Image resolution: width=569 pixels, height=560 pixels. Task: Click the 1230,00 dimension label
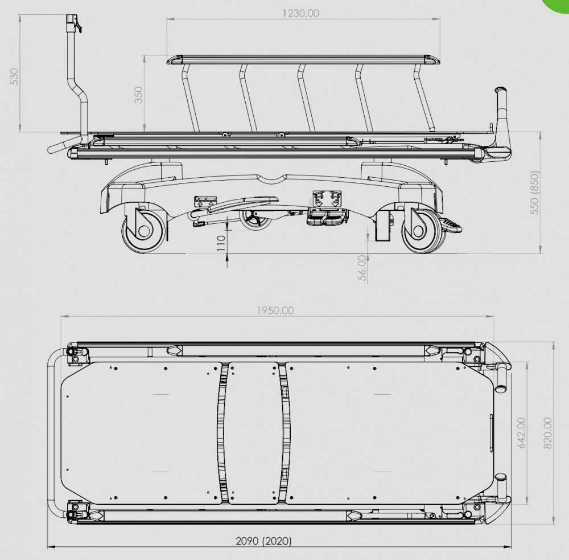click(301, 14)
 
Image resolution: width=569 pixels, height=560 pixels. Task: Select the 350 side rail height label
click(139, 95)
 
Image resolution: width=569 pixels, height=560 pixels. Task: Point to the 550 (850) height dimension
click(535, 192)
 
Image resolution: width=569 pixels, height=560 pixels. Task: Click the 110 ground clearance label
click(221, 243)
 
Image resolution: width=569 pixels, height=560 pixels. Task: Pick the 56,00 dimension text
click(362, 268)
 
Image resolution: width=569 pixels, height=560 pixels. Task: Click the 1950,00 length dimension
click(275, 310)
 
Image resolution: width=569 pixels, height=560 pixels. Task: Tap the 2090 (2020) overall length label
click(264, 541)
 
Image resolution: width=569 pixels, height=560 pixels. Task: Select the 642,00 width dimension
click(522, 432)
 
